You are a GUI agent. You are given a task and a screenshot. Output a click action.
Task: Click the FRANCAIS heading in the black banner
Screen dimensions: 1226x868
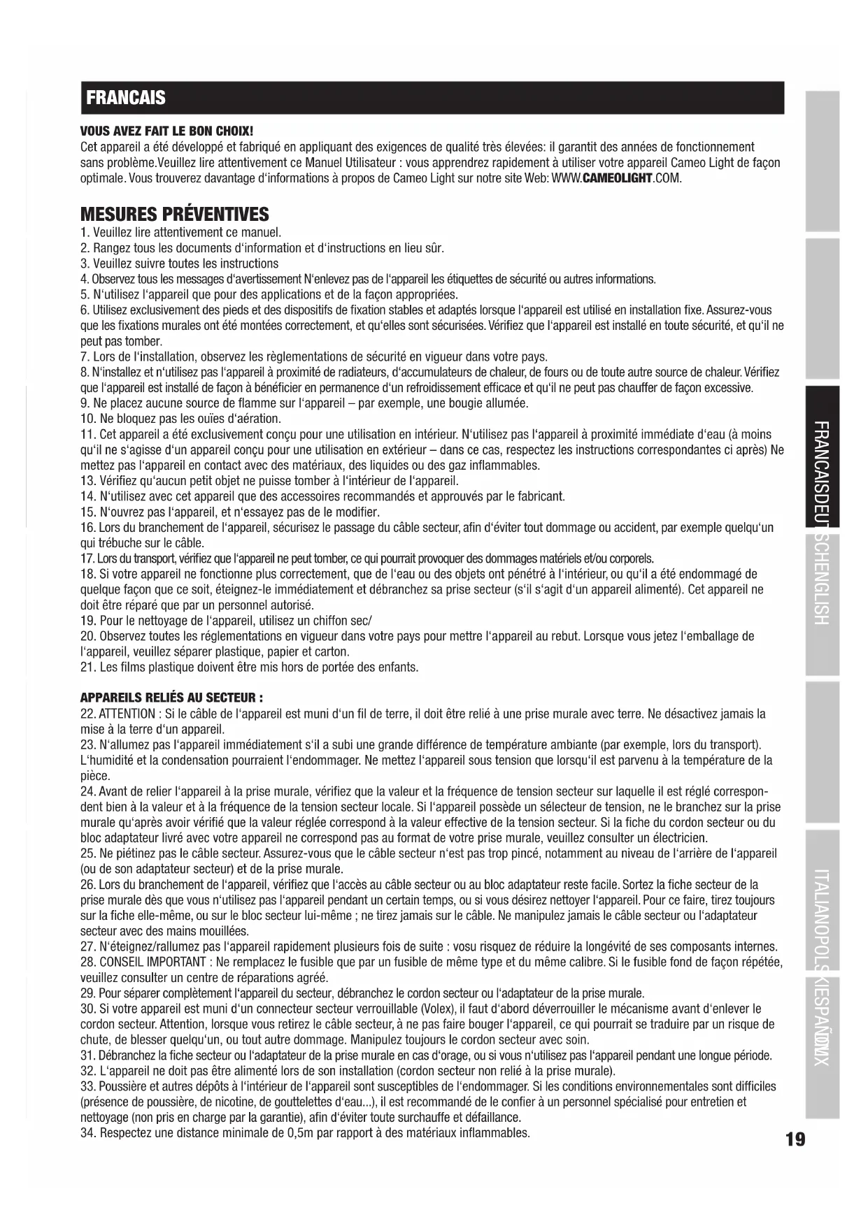(126, 98)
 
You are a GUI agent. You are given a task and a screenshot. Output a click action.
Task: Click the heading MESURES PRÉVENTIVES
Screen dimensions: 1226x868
(174, 214)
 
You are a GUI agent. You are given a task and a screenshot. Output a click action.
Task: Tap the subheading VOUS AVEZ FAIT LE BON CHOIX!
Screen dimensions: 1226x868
(166, 131)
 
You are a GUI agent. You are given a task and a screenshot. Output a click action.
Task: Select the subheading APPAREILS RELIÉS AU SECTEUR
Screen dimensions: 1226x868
(171, 698)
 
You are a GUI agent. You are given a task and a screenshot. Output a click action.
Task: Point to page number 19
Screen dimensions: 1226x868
(795, 1140)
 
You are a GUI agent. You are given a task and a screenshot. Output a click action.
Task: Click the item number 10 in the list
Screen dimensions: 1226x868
(87, 419)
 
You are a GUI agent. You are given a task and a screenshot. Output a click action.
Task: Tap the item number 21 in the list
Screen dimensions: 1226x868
(87, 667)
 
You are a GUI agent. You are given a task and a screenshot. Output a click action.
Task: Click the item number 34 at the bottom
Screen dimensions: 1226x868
(87, 1132)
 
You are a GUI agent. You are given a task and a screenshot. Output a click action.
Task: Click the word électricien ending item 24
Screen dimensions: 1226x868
(679, 837)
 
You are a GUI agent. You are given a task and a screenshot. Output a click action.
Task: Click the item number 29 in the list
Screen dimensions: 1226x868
(87, 993)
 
